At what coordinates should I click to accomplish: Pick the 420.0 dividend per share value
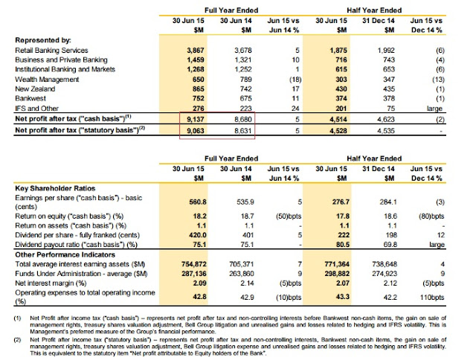(196, 232)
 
